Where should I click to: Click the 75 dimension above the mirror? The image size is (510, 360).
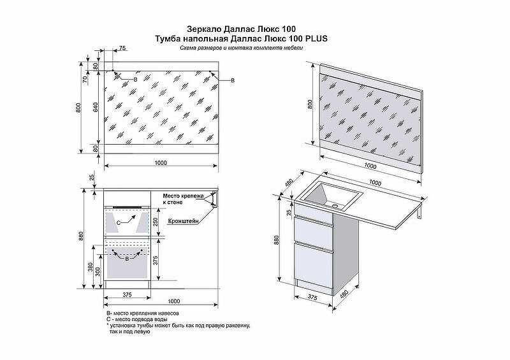(122, 49)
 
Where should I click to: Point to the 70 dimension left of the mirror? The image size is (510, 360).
(84, 80)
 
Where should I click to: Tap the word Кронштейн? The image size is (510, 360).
(184, 221)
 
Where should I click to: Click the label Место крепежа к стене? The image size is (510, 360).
(182, 198)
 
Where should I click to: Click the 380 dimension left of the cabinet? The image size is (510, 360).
(91, 266)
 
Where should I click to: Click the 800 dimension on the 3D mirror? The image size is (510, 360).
(310, 105)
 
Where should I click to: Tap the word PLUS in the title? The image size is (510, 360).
(316, 38)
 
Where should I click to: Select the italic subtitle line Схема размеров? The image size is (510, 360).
(242, 48)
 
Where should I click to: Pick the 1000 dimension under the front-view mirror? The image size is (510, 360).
(160, 163)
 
